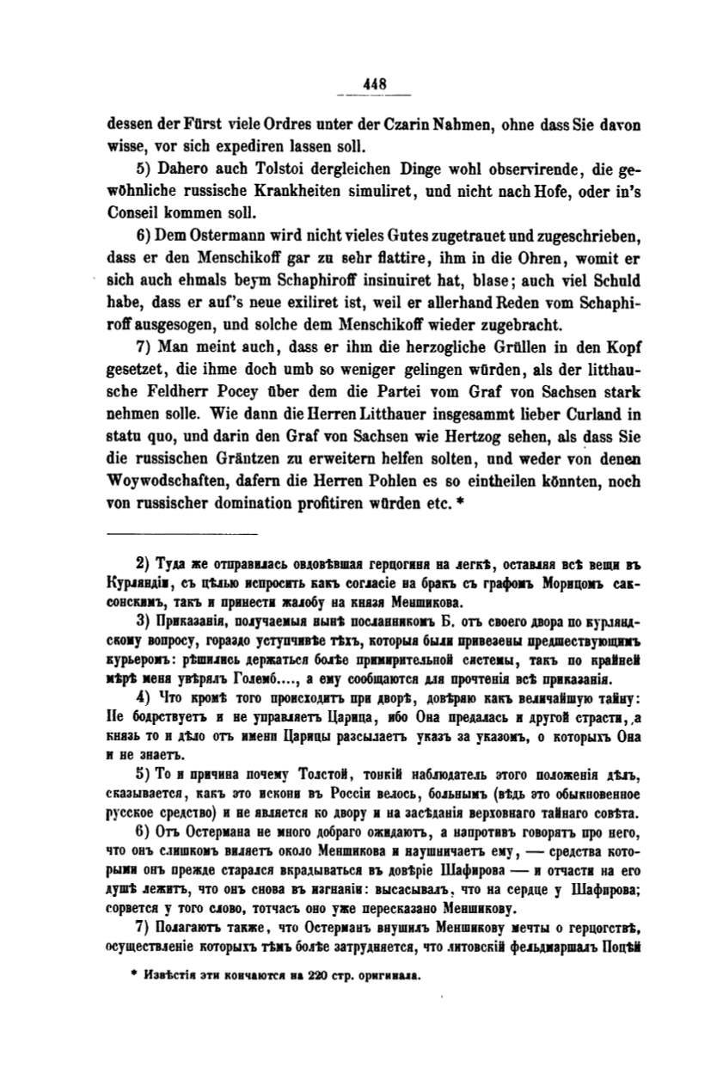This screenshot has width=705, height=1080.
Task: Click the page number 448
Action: [x=377, y=84]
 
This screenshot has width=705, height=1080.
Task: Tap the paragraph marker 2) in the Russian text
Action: [x=144, y=565]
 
